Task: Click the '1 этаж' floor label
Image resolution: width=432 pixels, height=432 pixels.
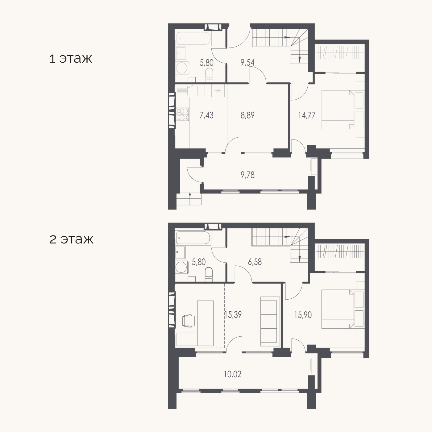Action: click(x=71, y=59)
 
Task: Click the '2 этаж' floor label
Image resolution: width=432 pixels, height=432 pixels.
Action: click(x=71, y=239)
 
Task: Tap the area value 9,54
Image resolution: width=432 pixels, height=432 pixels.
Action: click(x=247, y=63)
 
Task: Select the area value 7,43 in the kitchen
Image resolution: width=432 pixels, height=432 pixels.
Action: click(x=206, y=115)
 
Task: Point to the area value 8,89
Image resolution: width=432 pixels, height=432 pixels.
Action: click(x=247, y=115)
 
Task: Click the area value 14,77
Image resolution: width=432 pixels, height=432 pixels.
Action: click(x=307, y=115)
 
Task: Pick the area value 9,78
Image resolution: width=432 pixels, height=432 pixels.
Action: click(x=247, y=175)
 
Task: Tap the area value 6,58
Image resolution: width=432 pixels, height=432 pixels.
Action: click(x=255, y=262)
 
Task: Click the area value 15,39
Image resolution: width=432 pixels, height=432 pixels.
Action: click(x=233, y=315)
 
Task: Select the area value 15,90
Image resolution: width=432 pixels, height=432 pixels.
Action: click(x=303, y=315)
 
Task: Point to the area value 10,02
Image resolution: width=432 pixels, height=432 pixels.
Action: click(x=232, y=374)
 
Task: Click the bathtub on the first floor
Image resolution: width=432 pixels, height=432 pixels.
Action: click(x=193, y=38)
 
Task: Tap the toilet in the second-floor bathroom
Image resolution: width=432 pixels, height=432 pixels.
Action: click(x=209, y=274)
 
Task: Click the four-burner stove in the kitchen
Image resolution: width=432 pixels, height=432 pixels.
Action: click(x=182, y=114)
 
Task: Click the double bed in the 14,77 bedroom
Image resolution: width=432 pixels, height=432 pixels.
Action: click(x=338, y=110)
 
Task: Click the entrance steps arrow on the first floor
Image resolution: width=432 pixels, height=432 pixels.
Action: click(x=190, y=199)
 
